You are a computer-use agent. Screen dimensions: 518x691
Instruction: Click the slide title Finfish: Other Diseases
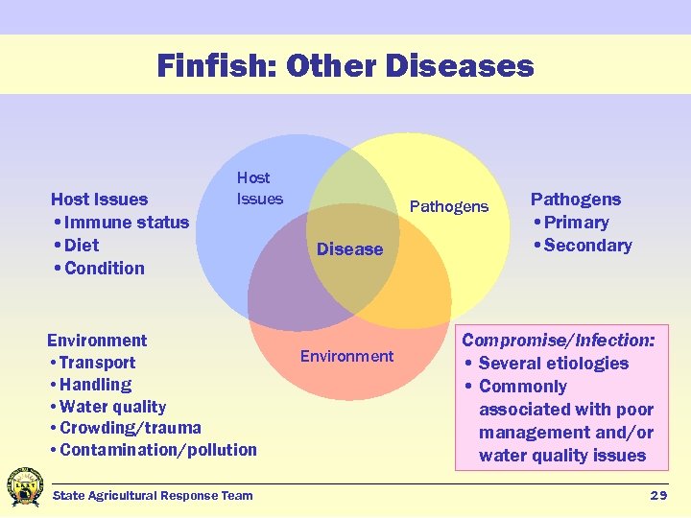(x=345, y=66)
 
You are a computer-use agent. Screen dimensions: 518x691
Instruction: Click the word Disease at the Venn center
(x=349, y=249)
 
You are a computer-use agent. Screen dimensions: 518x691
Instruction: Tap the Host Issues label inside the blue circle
(x=260, y=188)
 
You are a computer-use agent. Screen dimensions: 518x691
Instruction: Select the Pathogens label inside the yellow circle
(x=449, y=206)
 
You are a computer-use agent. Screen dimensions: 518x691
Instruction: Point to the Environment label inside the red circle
(x=346, y=356)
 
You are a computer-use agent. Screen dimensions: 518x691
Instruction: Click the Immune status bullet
(x=125, y=223)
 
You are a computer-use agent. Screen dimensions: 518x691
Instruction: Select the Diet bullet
(x=81, y=246)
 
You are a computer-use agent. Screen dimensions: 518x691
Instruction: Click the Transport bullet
(x=96, y=363)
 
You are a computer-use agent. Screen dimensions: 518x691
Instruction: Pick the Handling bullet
(x=94, y=385)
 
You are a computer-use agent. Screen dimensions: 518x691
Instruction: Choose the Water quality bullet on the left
(x=111, y=407)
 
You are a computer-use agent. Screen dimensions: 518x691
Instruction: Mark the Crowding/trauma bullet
(x=130, y=428)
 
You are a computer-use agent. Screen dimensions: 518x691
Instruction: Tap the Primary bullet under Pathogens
(x=575, y=223)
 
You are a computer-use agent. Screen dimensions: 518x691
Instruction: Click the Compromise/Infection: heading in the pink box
(x=560, y=341)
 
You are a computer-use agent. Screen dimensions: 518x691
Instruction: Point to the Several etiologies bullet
(x=552, y=364)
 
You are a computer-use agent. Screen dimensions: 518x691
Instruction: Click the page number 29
(x=658, y=495)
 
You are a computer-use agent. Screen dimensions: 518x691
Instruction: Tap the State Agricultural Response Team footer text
(x=153, y=495)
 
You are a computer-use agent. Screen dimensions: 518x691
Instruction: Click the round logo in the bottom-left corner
(x=25, y=487)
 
